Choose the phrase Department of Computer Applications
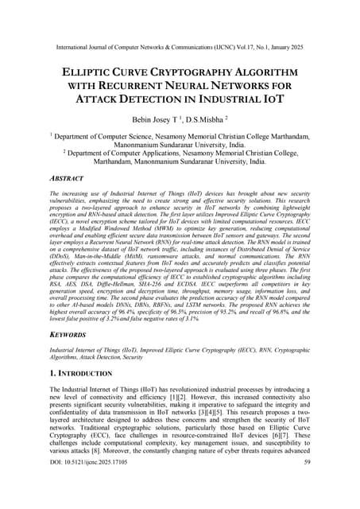pos(118,152)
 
